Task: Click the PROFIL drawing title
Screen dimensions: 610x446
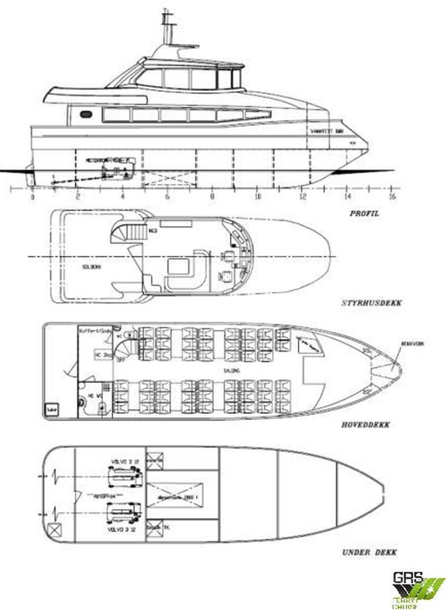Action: [363, 214]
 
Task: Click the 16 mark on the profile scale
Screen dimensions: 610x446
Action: [392, 197]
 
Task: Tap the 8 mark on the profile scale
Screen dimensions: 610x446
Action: [212, 197]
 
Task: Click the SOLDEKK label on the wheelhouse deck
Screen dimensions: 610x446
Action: [91, 266]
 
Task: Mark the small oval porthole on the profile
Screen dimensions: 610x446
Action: [86, 114]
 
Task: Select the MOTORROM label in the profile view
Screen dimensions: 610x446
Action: [97, 160]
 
